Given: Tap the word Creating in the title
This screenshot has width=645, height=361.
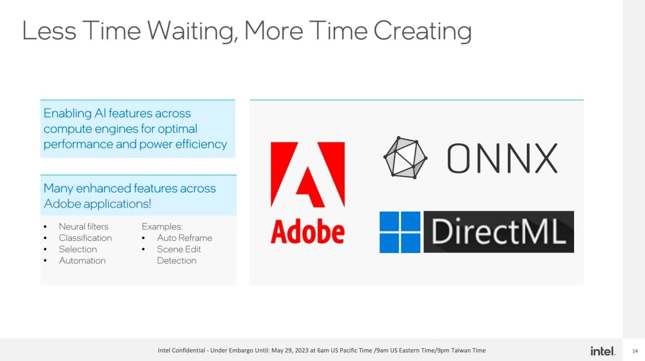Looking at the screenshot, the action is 422,31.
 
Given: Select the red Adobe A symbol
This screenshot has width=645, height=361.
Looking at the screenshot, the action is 307,175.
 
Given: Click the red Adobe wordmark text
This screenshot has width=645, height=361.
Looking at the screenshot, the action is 307,231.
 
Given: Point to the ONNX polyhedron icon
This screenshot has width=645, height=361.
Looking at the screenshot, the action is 405,157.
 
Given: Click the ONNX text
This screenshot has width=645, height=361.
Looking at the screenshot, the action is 502,158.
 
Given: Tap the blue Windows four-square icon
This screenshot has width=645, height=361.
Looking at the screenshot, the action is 400,232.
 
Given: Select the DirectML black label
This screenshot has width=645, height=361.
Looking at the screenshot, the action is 499,232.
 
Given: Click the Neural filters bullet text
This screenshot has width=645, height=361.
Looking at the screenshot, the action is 83,227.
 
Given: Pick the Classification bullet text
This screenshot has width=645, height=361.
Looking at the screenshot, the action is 85,238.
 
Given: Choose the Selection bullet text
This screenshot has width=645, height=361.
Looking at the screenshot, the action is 78,249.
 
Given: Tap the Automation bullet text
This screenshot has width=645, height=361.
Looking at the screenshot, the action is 82,261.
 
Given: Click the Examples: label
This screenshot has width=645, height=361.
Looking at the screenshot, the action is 162,227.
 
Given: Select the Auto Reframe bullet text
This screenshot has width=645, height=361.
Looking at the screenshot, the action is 184,238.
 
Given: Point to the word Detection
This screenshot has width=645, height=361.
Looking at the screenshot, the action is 176,261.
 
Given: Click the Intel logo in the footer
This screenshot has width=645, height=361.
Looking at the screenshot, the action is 603,351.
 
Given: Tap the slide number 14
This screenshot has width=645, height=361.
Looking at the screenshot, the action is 635,351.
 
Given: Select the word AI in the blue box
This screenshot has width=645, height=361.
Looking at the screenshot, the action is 100,113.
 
